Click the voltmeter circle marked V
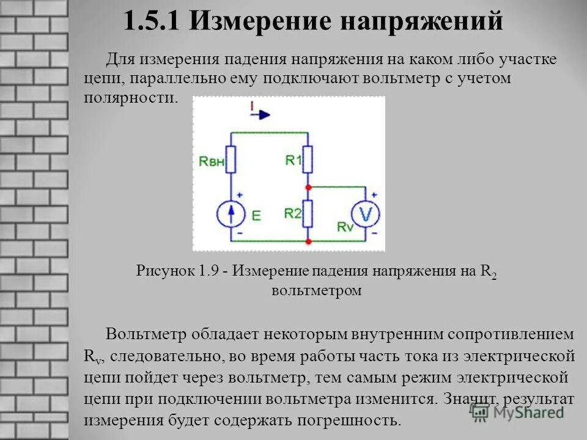366,214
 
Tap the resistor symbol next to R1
308,159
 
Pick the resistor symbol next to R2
308,213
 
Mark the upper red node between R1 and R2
308,186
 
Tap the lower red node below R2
308,241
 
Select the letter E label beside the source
256,215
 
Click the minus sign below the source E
240,233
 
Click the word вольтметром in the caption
316,290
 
